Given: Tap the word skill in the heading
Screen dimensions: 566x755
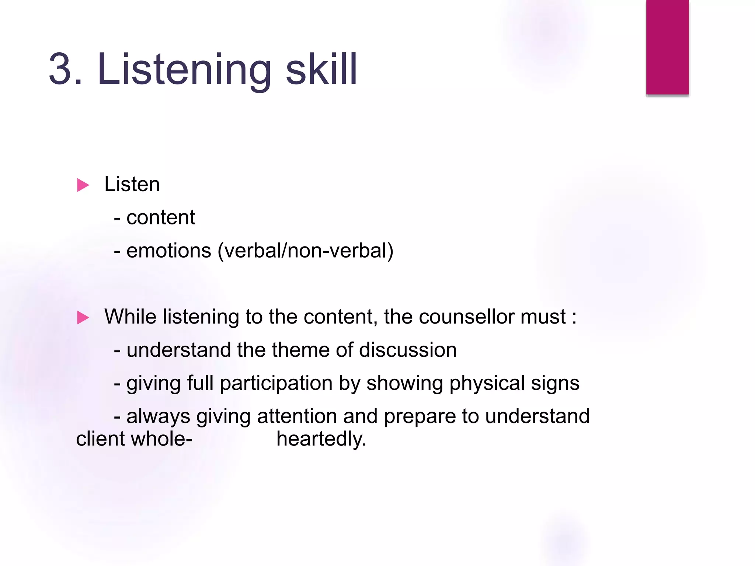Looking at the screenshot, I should (321, 69).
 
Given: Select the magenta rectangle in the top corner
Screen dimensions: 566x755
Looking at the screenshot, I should (667, 47).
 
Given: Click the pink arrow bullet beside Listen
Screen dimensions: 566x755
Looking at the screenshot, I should (83, 185).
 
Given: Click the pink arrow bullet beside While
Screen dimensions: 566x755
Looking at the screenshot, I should (83, 318).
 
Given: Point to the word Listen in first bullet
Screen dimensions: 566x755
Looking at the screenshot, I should (132, 184).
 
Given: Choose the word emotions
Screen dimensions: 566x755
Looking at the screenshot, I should (169, 251).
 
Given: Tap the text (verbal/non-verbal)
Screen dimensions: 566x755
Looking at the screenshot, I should (306, 251).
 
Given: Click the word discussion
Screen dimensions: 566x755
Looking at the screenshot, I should (408, 350).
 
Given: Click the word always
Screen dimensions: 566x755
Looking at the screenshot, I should (158, 417).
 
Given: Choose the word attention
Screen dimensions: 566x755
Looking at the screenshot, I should (297, 416).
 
